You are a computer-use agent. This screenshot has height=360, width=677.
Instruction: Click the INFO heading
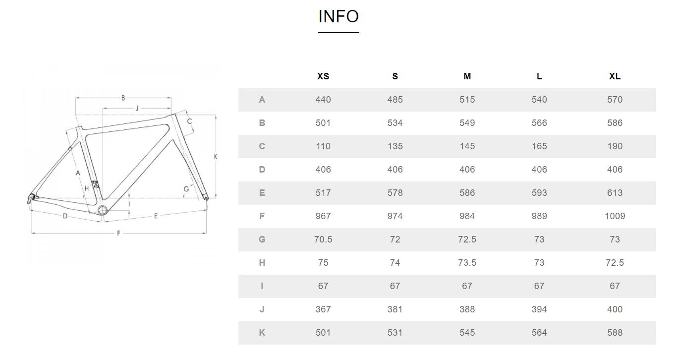point(338,16)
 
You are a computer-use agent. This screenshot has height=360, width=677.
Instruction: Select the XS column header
point(323,76)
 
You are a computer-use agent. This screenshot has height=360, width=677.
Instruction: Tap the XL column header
point(615,76)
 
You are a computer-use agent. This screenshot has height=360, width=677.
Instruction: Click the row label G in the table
point(262,240)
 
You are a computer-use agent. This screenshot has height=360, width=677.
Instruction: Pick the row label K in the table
point(262,333)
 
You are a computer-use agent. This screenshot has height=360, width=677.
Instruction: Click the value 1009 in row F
point(615,216)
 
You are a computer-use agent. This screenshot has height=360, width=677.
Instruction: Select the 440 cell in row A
point(323,100)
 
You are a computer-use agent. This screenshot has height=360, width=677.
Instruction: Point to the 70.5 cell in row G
point(323,240)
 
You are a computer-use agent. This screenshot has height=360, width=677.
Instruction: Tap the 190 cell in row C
point(615,146)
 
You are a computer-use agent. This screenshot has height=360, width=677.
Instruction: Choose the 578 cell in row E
point(395,193)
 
